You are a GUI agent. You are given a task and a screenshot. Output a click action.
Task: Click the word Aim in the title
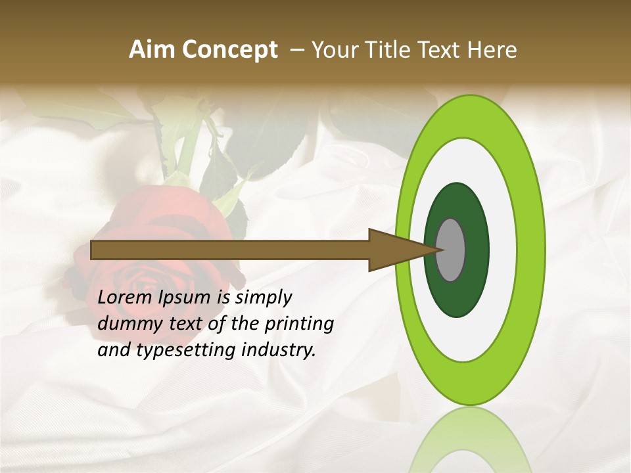(152, 50)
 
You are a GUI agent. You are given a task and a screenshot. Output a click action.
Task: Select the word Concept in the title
(229, 50)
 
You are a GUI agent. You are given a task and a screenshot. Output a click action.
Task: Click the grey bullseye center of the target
(451, 250)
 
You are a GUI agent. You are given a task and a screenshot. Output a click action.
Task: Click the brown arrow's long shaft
(230, 250)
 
